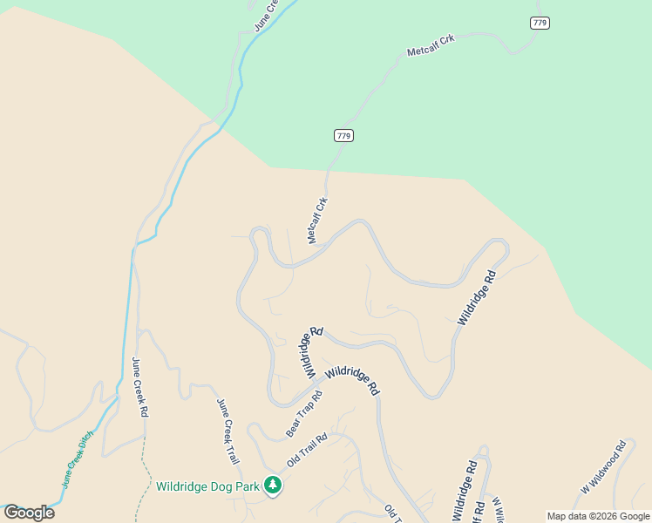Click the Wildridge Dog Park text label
coord(207,486)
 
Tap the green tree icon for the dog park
coord(273,486)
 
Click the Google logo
coord(29,513)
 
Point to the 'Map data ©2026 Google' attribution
coord(598,516)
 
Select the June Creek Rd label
coord(139,388)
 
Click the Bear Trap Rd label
coord(304,414)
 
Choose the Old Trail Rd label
coord(306,450)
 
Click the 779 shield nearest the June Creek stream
coord(343,135)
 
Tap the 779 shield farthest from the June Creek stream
coord(540,23)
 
